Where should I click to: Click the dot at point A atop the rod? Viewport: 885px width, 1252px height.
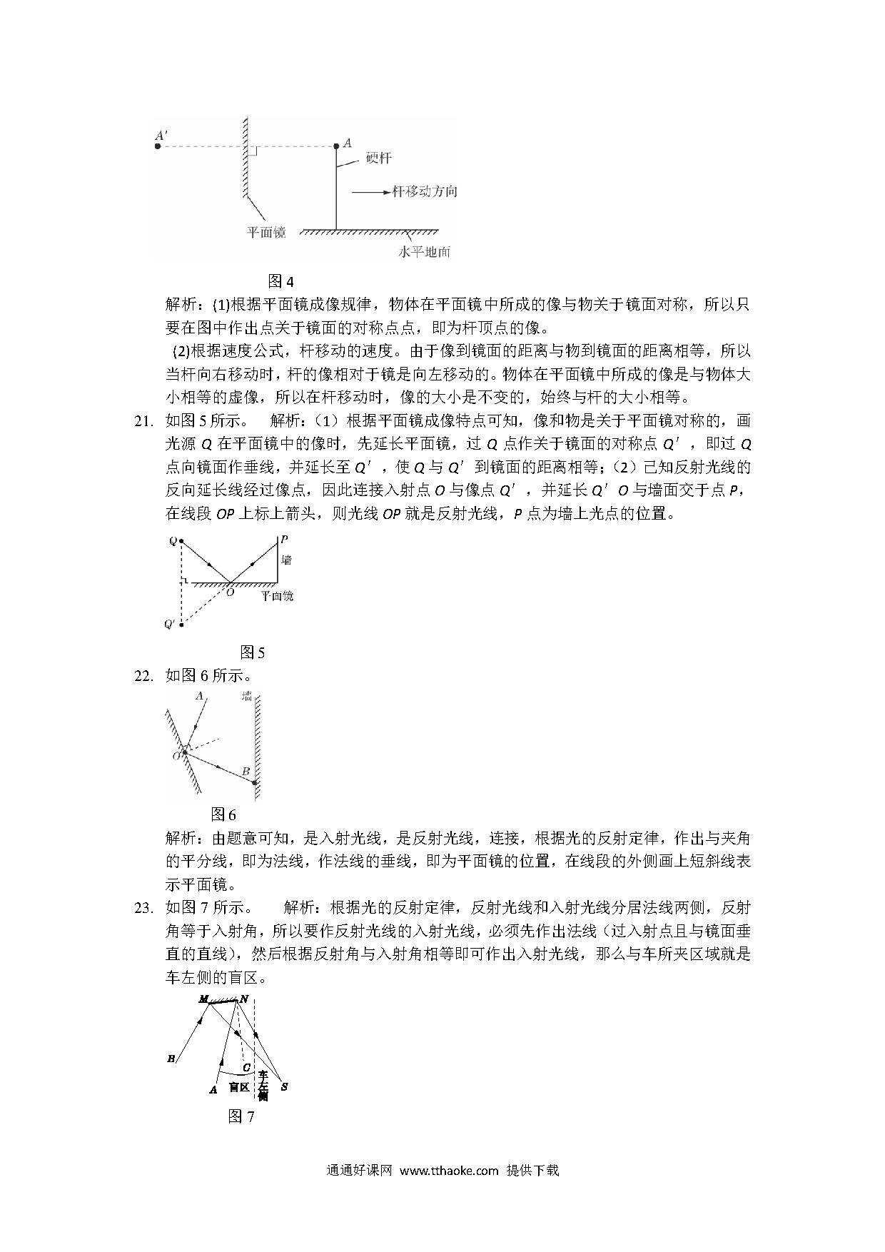(338, 146)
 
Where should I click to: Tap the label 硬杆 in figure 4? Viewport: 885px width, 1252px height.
(378, 158)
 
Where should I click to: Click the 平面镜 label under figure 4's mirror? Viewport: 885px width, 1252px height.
(266, 232)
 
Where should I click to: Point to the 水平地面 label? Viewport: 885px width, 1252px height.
(424, 252)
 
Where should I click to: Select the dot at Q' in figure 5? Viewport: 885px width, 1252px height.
(181, 625)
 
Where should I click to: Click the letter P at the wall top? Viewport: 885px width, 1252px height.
(284, 540)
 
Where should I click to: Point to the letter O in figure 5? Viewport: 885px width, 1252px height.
(230, 592)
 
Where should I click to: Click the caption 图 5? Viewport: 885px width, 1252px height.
(253, 652)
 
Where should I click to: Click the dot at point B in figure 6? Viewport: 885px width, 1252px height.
(255, 782)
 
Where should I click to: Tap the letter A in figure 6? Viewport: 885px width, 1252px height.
(199, 695)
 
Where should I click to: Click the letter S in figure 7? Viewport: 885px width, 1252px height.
(284, 1087)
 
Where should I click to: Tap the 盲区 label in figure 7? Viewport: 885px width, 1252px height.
(238, 1087)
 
